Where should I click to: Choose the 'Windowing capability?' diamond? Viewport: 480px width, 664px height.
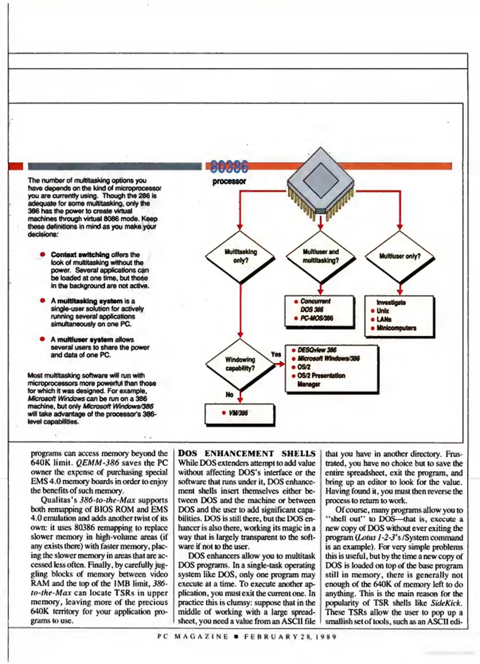240,364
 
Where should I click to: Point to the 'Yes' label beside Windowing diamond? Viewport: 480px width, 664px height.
276,354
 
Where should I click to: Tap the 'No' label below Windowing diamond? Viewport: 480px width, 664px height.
229,395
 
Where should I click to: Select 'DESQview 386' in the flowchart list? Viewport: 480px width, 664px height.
317,350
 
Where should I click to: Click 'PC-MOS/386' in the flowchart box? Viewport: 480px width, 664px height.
317,318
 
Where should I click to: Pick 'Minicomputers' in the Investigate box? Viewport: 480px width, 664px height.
396,328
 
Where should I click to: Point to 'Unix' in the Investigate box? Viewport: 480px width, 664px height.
383,311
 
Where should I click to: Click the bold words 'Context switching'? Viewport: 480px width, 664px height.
80,255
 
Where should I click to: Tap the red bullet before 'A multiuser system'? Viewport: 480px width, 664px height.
43,339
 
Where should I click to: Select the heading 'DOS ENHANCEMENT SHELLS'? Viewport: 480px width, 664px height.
247,454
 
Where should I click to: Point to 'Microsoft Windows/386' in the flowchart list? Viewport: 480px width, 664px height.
328,358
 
